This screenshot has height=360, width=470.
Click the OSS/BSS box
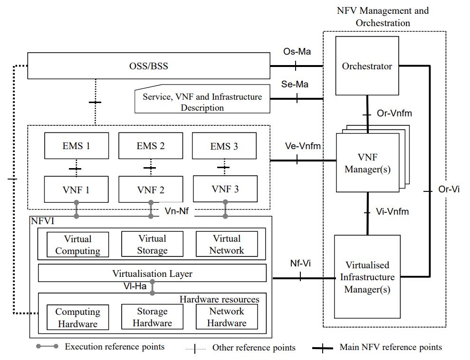(149, 66)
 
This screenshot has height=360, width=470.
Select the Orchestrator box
(367, 66)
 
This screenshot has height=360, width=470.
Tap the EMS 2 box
(151, 146)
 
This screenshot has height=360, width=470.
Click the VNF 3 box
(225, 189)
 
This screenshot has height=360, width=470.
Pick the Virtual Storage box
(152, 244)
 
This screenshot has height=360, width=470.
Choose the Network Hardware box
(227, 317)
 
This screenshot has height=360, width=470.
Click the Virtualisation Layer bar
(152, 273)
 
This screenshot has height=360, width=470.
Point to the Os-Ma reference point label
(297, 51)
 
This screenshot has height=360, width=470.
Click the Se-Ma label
(295, 84)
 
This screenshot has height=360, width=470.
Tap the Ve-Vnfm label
(303, 146)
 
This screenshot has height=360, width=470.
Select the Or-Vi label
(449, 189)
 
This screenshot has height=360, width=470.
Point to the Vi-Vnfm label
(393, 211)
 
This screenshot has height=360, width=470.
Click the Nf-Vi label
(300, 263)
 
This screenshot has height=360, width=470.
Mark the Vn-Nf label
(177, 211)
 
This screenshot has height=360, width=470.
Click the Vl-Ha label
(135, 286)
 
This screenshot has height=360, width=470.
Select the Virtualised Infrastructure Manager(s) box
(367, 277)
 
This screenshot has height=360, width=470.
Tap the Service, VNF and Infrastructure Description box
(202, 99)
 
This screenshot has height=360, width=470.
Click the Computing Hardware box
(77, 317)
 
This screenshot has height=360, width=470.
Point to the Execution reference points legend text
(115, 347)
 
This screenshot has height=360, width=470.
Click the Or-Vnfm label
(394, 113)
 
